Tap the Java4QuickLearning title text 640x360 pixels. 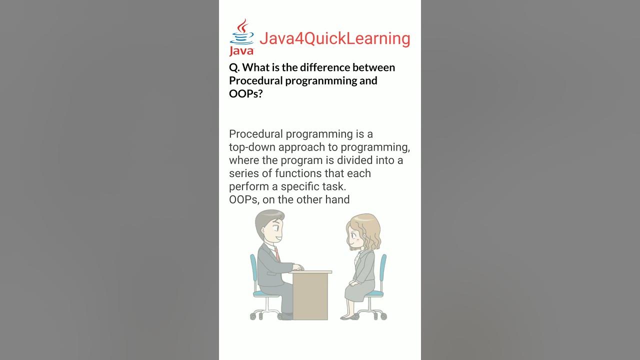pos(334,38)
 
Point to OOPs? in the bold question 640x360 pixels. pos(245,93)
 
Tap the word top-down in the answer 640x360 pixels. pos(252,147)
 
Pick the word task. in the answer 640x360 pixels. pos(333,186)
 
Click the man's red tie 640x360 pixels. pos(276,253)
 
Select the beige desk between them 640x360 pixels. pos(310,295)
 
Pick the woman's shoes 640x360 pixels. pos(348,316)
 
